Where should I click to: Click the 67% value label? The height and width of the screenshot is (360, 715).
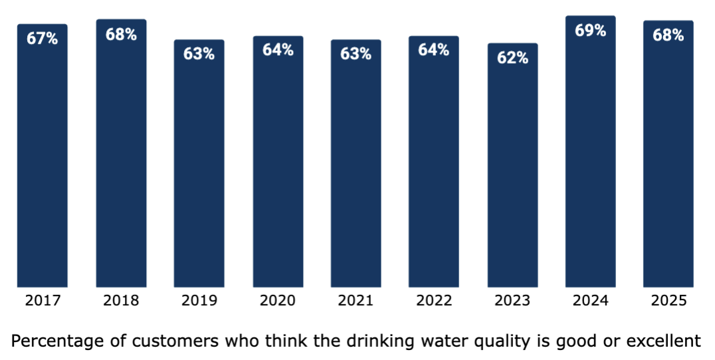click(43, 39)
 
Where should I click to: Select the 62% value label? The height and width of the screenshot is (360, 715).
click(512, 58)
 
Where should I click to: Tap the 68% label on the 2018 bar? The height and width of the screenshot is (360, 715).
click(121, 35)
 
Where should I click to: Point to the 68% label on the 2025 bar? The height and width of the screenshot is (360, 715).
click(668, 35)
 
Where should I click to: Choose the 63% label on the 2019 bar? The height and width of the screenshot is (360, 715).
click(199, 54)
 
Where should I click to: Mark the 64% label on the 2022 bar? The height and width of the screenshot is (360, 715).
click(434, 50)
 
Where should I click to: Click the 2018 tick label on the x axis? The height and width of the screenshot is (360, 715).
click(121, 301)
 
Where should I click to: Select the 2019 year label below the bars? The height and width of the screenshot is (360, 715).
click(199, 301)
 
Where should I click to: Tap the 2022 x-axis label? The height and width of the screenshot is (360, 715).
click(434, 301)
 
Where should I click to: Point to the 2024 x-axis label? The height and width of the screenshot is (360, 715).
click(590, 301)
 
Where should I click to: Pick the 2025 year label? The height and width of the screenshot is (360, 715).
click(668, 301)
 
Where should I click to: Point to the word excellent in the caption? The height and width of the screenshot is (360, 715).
click(664, 341)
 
